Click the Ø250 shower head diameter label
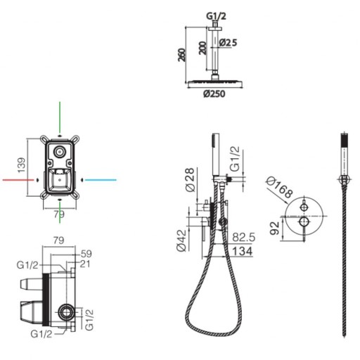click(x=214, y=94)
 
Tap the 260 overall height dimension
click(x=182, y=55)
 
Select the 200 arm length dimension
click(x=203, y=48)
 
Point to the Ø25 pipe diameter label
click(x=228, y=42)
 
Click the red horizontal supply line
click(x=18, y=180)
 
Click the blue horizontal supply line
click(x=101, y=180)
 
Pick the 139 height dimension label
click(x=22, y=165)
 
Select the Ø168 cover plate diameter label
click(x=280, y=187)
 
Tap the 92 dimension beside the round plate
click(x=275, y=228)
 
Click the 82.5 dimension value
click(x=244, y=237)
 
